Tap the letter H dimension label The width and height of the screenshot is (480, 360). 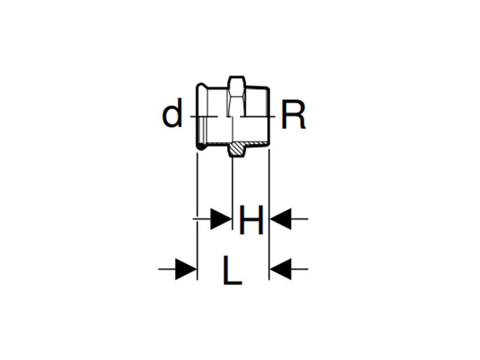click(251, 220)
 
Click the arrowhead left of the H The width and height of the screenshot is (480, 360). click(221, 220)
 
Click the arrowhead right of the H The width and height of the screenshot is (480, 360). click(280, 220)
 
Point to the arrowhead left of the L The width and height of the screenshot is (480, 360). click(186, 269)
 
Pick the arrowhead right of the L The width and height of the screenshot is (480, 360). click(280, 269)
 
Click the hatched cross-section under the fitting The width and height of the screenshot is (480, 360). click(240, 148)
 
